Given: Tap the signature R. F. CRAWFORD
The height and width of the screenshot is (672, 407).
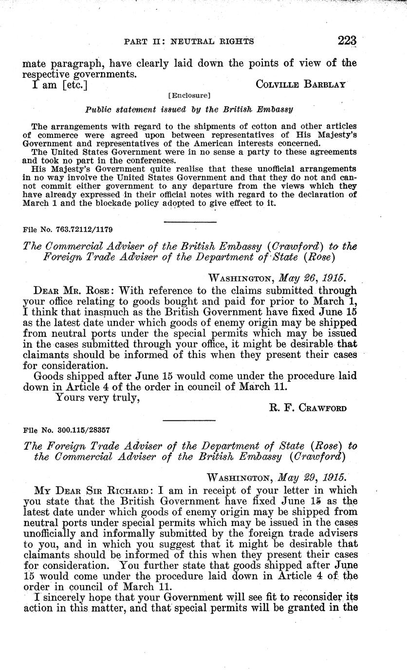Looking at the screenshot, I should pos(308,408).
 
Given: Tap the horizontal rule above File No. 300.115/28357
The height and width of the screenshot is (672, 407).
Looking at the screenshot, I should pos(189,420).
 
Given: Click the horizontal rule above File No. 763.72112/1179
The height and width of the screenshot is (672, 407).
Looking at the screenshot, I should pos(189,222).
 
